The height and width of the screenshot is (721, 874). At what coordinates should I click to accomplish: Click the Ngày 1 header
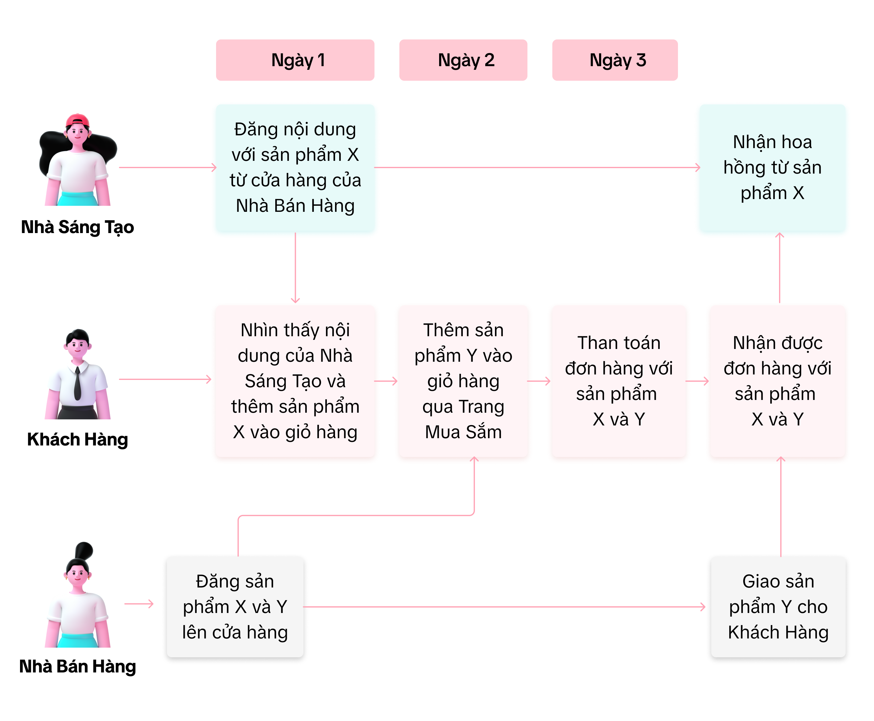tap(295, 60)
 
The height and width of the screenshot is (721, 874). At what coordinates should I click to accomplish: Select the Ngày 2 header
tap(463, 60)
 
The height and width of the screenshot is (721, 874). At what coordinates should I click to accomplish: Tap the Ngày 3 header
tap(615, 60)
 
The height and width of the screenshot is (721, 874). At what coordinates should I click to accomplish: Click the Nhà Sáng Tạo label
tap(78, 227)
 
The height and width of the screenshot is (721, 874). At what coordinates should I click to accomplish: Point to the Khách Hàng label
tap(78, 439)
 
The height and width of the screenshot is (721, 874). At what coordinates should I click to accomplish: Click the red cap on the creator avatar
tap(78, 120)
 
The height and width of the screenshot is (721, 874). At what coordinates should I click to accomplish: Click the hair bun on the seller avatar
tap(84, 550)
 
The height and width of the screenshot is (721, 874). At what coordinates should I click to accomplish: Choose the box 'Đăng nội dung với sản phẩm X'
tap(295, 168)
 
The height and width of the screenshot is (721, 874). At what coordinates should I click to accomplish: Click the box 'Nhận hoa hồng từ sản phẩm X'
tap(772, 168)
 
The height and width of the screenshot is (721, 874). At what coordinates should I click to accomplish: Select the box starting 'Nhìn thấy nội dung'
tap(295, 381)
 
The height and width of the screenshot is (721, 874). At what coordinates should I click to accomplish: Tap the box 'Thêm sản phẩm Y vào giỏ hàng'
tap(463, 381)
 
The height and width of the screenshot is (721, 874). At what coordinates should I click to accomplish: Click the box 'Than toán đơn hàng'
tap(618, 381)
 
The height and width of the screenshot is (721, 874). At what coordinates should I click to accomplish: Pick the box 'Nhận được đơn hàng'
tap(777, 381)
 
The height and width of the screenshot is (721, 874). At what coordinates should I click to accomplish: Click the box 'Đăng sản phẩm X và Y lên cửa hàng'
tap(235, 607)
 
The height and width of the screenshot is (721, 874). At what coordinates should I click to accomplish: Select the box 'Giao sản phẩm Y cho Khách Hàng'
tap(778, 607)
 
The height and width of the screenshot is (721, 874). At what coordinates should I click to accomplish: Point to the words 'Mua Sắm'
tap(463, 432)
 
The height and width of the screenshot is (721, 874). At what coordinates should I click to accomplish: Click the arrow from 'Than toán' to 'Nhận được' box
tap(697, 381)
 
